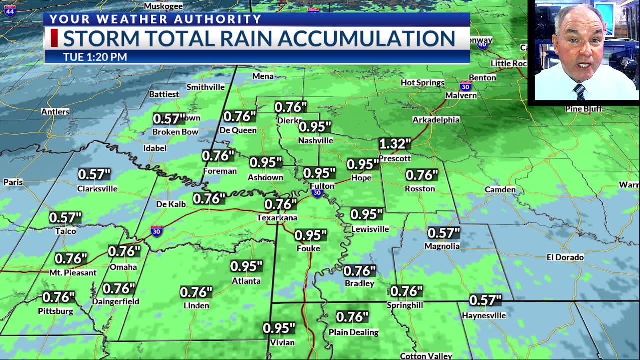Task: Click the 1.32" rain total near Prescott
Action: (x=395, y=144)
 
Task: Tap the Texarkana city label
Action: (x=277, y=218)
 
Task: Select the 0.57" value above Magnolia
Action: (x=443, y=233)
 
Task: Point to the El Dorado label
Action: (x=565, y=257)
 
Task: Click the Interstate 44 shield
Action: (x=10, y=10)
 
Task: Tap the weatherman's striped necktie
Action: (x=580, y=92)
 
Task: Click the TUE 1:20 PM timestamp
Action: (x=95, y=57)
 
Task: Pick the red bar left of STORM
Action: (x=54, y=38)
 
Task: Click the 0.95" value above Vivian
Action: (x=279, y=328)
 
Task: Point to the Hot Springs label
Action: (x=422, y=82)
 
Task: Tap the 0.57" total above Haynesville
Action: (x=485, y=300)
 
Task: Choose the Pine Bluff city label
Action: (x=583, y=109)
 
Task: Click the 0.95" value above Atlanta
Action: (x=246, y=266)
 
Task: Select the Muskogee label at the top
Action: (x=163, y=6)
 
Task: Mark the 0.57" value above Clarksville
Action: (x=94, y=175)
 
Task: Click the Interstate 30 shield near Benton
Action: (x=465, y=86)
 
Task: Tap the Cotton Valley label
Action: (x=426, y=356)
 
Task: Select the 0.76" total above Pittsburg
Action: (x=58, y=297)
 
